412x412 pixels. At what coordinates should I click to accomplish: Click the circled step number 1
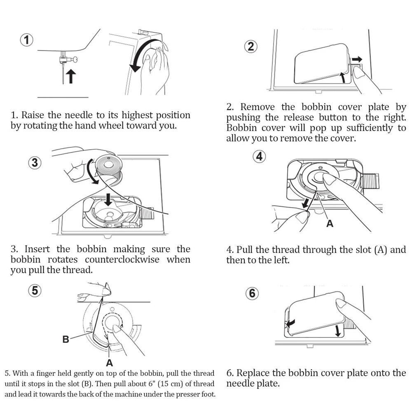click(x=27, y=40)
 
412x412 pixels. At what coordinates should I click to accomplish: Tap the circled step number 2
click(x=251, y=46)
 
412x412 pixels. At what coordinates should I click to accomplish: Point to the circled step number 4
click(x=259, y=157)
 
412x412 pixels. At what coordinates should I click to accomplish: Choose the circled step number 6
click(x=252, y=293)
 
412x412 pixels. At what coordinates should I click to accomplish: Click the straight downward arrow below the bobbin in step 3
click(x=108, y=199)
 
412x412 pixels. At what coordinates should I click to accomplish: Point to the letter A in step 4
click(x=330, y=224)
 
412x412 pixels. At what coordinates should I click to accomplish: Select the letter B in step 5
click(x=66, y=339)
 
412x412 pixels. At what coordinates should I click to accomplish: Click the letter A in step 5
click(x=109, y=363)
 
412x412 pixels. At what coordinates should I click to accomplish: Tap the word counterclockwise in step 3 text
click(x=123, y=260)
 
